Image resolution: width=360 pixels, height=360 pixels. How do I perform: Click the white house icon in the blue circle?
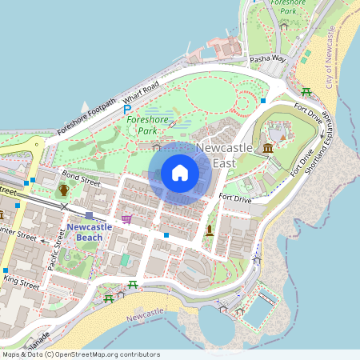180,173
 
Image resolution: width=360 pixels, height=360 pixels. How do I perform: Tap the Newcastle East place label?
224,155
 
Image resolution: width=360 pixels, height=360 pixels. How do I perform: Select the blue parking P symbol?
127,109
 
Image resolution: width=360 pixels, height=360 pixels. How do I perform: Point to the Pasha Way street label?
267,59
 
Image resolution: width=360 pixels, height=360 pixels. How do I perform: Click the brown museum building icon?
266,150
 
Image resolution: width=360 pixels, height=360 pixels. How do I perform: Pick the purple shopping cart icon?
126,218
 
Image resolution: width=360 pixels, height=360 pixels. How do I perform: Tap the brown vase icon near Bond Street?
63,190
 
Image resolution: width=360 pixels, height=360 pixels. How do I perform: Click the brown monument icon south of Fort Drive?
210,230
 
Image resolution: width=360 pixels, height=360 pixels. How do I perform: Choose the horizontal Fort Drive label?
235,198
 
